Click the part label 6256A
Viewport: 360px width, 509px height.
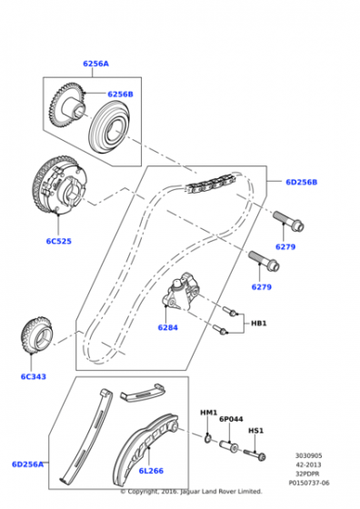[x=95, y=64]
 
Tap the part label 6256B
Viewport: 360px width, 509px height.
[x=120, y=95]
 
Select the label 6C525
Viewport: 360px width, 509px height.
[x=59, y=241]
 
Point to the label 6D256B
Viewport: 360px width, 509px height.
[x=301, y=182]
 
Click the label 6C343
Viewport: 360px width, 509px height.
[x=34, y=376]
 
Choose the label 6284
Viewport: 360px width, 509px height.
[x=168, y=327]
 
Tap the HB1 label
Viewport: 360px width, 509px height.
[x=259, y=324]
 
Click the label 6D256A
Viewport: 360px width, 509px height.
[x=27, y=464]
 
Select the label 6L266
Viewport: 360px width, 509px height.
[x=151, y=471]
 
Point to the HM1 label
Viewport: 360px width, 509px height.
[x=208, y=413]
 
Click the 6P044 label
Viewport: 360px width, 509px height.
[x=231, y=419]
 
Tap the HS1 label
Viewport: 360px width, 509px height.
[x=255, y=431]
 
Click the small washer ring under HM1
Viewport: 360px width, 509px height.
[x=208, y=439]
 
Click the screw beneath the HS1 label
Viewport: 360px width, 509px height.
[x=255, y=454]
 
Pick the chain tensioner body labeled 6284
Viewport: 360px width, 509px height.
[x=179, y=290]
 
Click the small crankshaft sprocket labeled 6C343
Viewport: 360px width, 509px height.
[x=36, y=335]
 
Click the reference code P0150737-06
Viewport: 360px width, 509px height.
[x=309, y=483]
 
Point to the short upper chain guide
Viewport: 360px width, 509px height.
[x=142, y=393]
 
